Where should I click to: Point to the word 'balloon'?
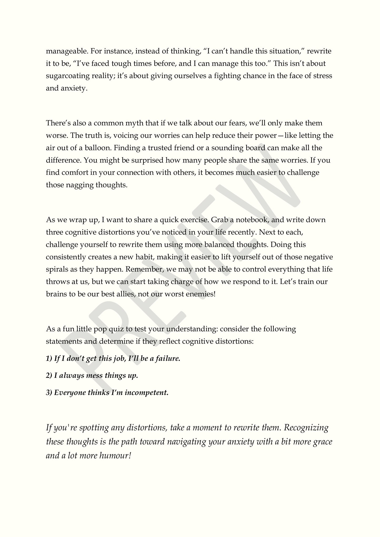(x=99, y=148)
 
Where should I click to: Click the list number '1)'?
(x=49, y=359)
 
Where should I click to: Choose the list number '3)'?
(x=49, y=393)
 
